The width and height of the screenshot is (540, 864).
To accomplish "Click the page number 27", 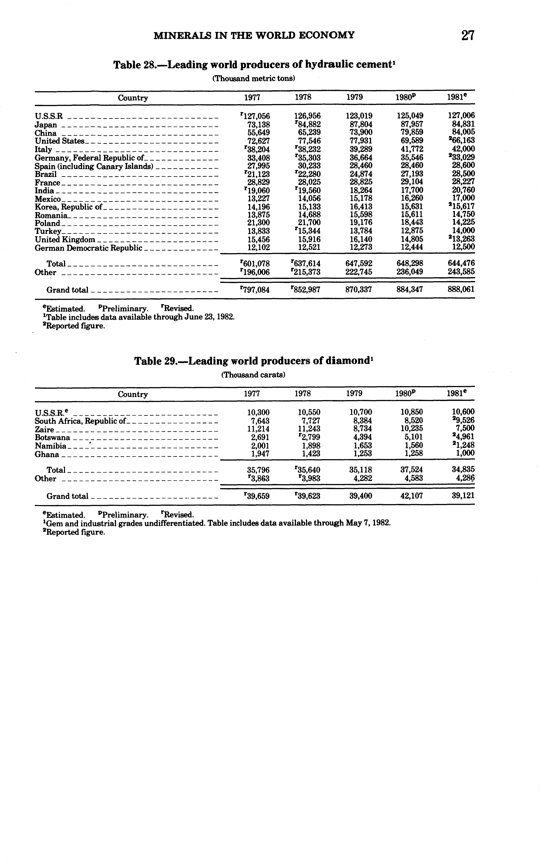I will click(467, 35).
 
